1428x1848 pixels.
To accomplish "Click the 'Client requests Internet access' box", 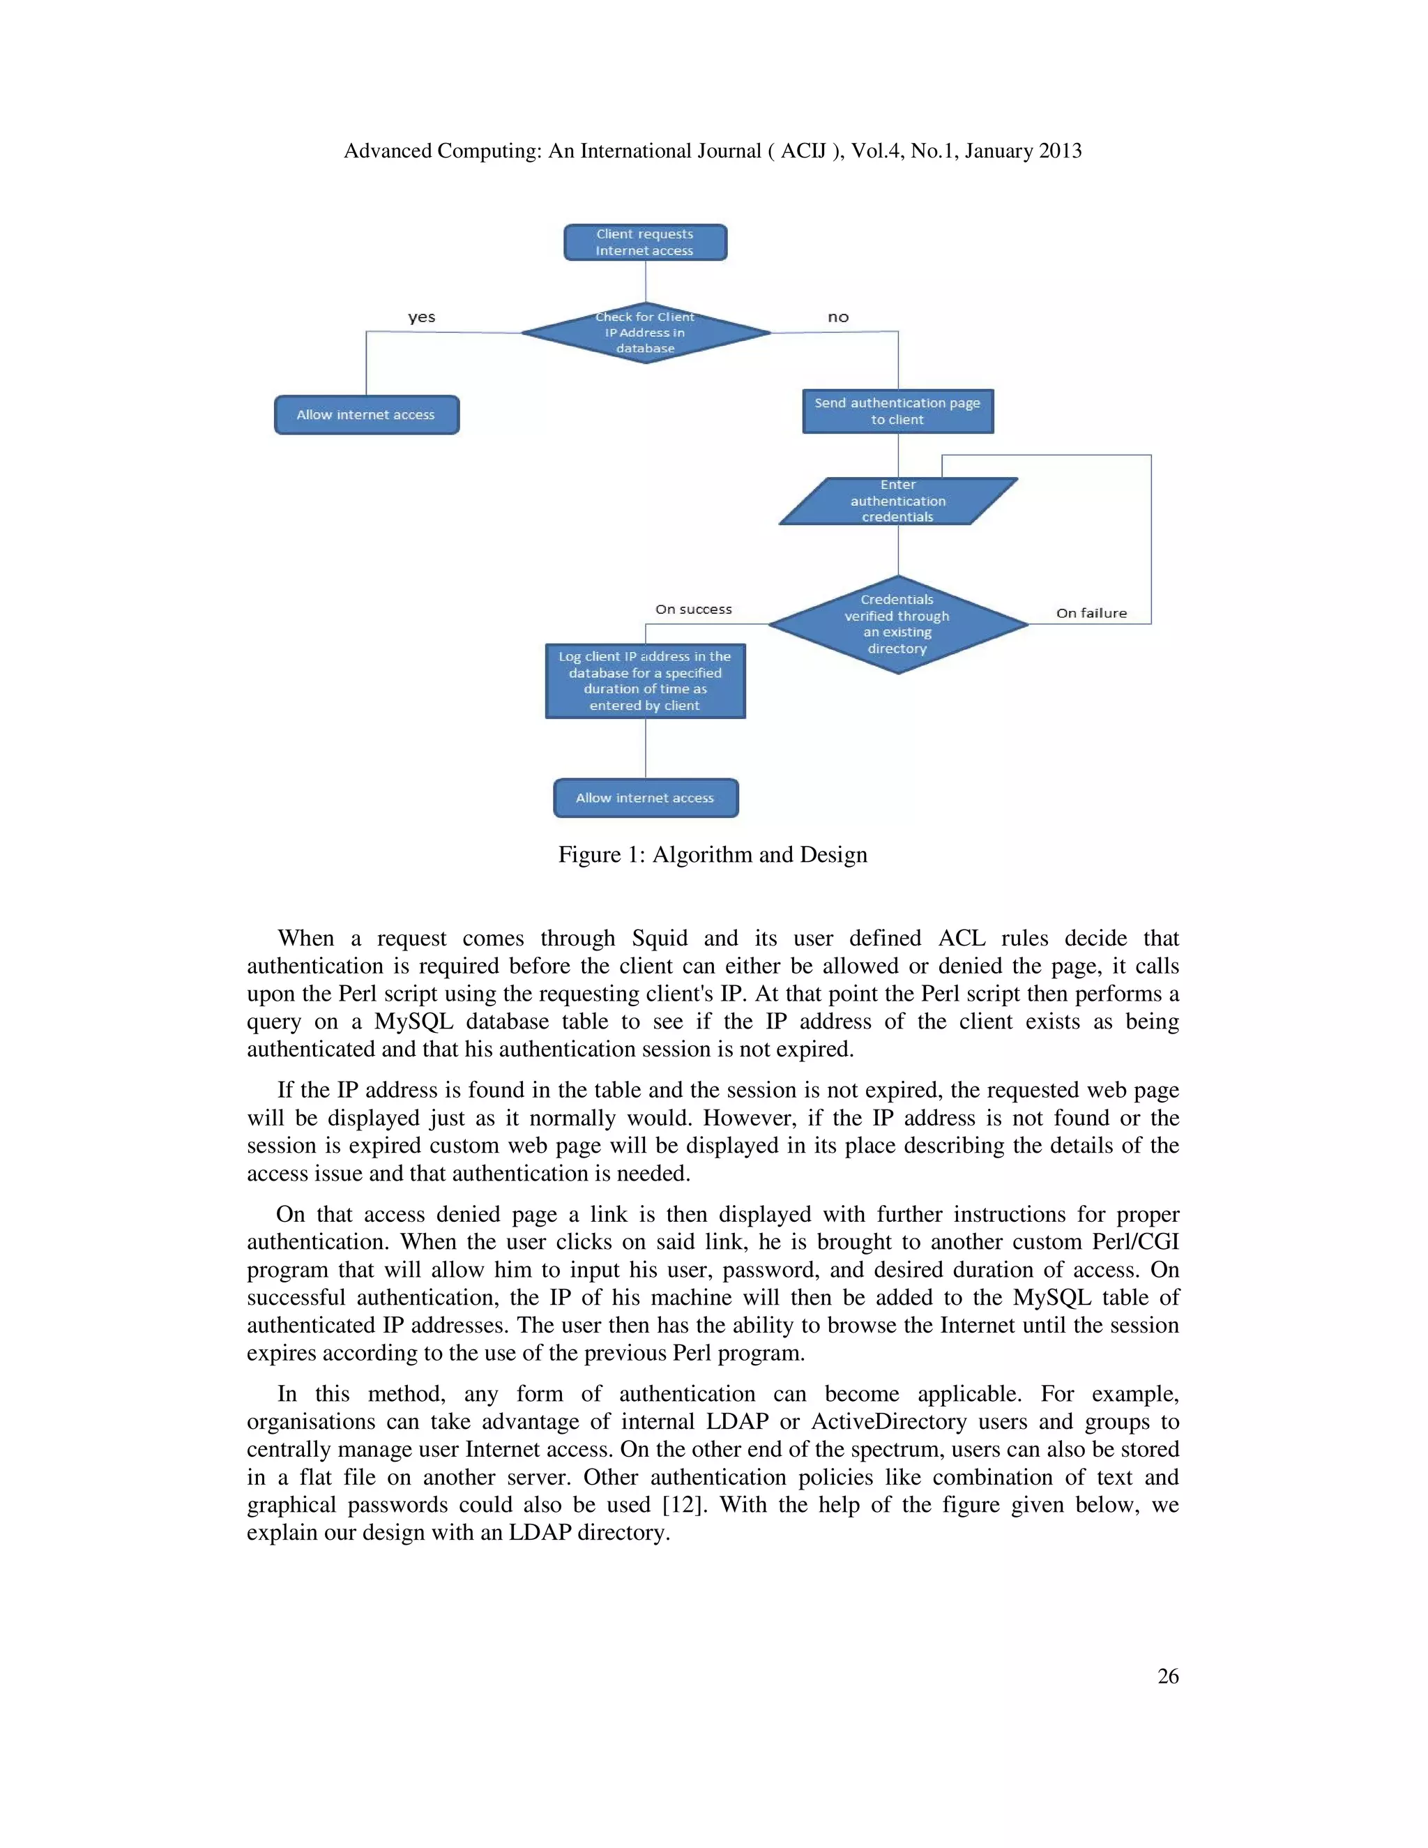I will [645, 243].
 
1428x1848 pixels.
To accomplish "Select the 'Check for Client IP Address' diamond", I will [646, 333].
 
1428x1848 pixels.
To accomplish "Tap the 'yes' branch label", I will [421, 317].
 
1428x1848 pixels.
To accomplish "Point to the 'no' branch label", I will [837, 317].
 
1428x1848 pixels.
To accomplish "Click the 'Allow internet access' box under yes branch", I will [366, 415].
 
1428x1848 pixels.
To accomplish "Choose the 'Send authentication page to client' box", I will [897, 411].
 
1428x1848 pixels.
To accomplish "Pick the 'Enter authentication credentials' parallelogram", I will [897, 501].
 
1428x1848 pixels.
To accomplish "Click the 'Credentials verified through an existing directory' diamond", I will [897, 624].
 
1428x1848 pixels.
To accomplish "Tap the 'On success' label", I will [693, 609].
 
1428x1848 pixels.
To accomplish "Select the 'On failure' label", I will [1091, 614].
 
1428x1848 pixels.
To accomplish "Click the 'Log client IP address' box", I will [645, 681].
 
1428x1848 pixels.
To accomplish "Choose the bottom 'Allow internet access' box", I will [646, 798].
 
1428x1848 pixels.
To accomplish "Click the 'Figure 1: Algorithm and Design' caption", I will [713, 855].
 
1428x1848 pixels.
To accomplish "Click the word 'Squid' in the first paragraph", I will [659, 939].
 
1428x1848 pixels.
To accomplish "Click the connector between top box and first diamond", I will [646, 281].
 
